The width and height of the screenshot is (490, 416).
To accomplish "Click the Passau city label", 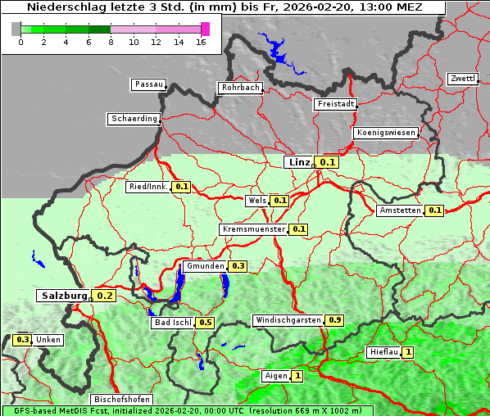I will pos(148,84).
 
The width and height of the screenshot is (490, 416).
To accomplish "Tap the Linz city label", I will pos(298,162).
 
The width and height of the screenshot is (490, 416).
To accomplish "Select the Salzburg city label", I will pos(63,296).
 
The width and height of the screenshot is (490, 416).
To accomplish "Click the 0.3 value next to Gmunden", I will pos(238,266).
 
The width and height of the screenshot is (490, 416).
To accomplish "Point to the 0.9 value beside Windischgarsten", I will pos(334,319).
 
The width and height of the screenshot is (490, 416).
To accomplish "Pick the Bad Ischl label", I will pos(172,323).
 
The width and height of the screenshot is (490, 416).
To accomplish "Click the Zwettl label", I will pos(463,79).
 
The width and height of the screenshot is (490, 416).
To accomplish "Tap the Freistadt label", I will pos(334,104).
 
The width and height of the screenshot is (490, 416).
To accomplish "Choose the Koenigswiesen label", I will pos(386,133).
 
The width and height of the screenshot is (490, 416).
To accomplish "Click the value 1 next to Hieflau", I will pos(408,353).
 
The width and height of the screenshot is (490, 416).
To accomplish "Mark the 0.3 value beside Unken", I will pos(22,340).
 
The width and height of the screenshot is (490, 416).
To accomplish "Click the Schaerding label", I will pos(134,119).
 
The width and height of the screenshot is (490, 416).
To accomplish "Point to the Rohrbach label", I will pos(239,88).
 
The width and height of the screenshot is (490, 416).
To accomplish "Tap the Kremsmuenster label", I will pos(253,229).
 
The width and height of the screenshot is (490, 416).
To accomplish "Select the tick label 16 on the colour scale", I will pos(202,42).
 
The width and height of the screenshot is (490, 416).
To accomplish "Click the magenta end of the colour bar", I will pos(205,29).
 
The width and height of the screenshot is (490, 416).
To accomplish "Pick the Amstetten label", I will pos(400,210).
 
